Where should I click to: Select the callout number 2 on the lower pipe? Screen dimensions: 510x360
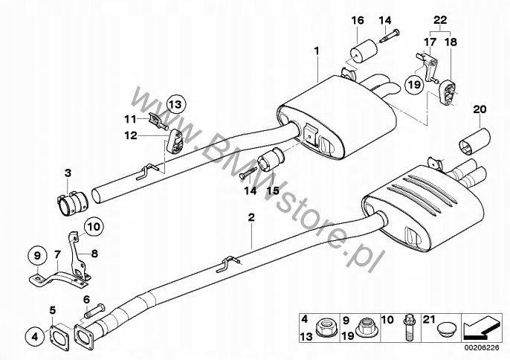coord(251,218)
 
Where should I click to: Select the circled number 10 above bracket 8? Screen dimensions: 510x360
coord(91,223)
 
